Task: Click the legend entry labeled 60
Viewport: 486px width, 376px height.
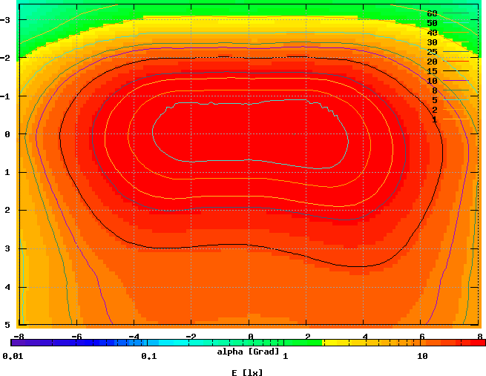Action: click(x=432, y=13)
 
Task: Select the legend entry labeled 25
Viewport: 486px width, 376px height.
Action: click(x=432, y=52)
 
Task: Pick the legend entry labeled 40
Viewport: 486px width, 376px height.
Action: click(x=432, y=33)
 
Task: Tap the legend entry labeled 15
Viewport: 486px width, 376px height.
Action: click(x=432, y=71)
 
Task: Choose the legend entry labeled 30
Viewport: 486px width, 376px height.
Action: click(x=432, y=42)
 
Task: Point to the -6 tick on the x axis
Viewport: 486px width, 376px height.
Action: click(x=76, y=336)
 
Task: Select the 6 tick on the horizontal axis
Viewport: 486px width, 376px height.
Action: click(x=422, y=336)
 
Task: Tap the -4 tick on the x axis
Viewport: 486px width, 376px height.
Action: click(x=134, y=336)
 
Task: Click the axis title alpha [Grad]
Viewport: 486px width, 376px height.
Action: click(x=248, y=350)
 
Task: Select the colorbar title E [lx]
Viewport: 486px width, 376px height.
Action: click(x=248, y=372)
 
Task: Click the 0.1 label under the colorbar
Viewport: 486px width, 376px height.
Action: click(x=148, y=357)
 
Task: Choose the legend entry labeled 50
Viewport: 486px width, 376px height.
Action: click(x=432, y=23)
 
